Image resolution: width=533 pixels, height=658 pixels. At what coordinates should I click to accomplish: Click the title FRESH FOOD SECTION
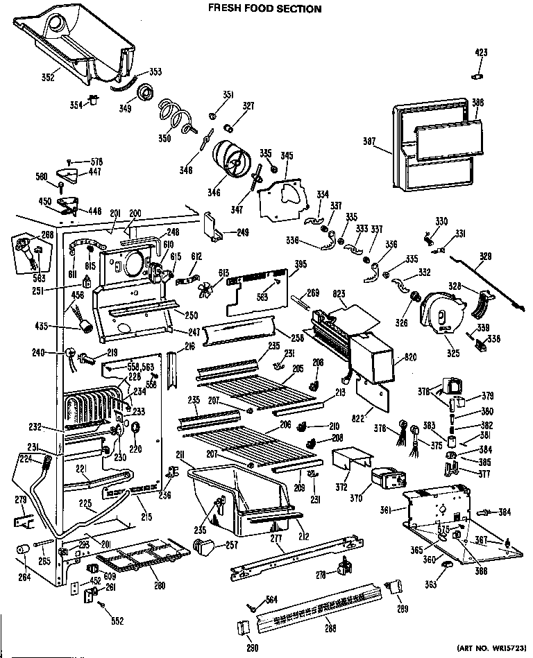(266, 9)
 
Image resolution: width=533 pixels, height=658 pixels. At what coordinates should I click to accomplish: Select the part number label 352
(47, 78)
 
